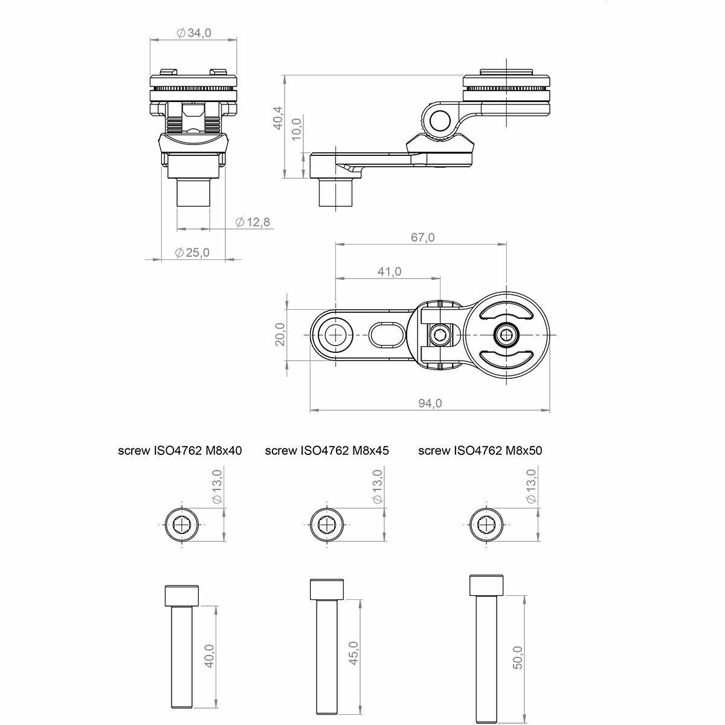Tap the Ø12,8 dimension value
click(x=253, y=222)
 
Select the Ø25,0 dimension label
click(x=192, y=253)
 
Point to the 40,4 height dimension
click(x=278, y=118)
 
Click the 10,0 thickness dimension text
click(x=297, y=129)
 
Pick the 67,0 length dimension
click(x=422, y=237)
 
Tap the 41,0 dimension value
click(x=390, y=271)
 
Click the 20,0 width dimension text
click(x=280, y=334)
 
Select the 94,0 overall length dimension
click(x=430, y=404)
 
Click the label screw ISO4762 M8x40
click(x=180, y=451)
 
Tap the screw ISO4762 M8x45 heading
click(x=327, y=451)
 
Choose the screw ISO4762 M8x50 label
click(x=480, y=451)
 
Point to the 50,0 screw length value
click(x=518, y=657)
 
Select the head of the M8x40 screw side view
click(x=182, y=596)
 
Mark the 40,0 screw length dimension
click(x=210, y=656)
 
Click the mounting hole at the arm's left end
click(x=335, y=335)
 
